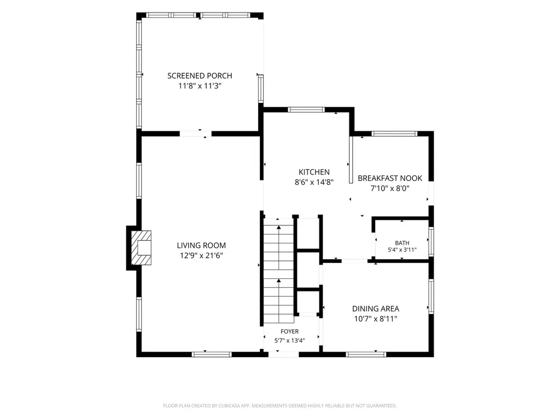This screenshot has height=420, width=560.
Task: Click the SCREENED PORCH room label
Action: pos(200,75)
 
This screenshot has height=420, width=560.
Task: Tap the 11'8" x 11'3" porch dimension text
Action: pos(200,86)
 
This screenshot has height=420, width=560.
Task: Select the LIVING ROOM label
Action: pos(201,246)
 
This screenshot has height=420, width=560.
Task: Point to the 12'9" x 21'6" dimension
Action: pos(201,255)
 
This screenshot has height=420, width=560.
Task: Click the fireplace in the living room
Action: pos(141,248)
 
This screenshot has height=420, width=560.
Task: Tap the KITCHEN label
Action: pos(314,172)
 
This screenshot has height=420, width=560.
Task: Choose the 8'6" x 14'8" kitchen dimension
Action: pos(314,182)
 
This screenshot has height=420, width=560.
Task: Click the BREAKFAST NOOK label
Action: pos(390,178)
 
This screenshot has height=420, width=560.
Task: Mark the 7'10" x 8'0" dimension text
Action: pos(390,188)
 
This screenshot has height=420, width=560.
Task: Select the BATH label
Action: pos(402,243)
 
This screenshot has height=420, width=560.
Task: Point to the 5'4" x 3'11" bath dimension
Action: pos(402,250)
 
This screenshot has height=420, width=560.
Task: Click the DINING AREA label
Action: pos(376,308)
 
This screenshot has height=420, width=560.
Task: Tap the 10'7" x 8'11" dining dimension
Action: pos(376,319)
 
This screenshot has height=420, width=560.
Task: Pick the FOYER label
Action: pos(290,331)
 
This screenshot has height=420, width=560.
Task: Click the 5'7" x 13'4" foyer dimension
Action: pos(290,340)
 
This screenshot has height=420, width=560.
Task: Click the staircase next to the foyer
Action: pos(278,270)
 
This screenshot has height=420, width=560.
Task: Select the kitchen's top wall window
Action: pos(306,109)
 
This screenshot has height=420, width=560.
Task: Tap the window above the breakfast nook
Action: pos(394,134)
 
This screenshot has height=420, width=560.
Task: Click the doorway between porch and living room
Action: pos(195,134)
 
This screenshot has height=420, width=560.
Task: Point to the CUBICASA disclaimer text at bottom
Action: pos(280,406)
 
